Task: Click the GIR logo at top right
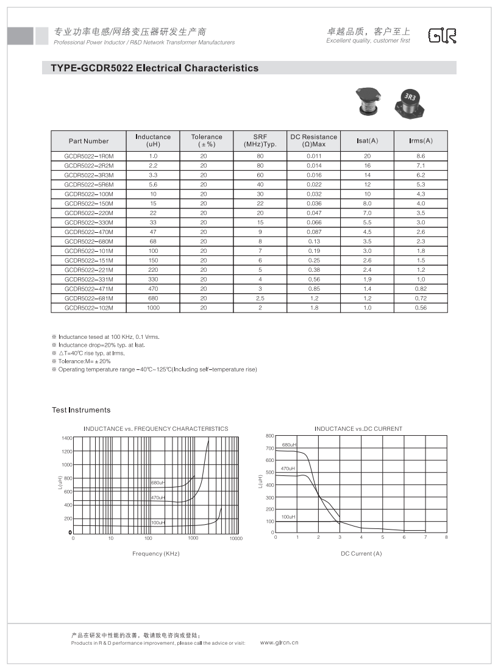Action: (x=442, y=36)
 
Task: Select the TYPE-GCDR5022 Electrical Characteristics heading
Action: (x=155, y=68)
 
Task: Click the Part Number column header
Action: (x=88, y=141)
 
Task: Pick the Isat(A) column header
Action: (x=367, y=141)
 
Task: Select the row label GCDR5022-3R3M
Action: (x=89, y=175)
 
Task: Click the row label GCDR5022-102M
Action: (x=89, y=308)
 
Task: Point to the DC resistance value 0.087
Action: (x=314, y=232)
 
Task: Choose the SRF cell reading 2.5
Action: (x=260, y=299)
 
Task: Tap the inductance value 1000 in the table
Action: (x=153, y=308)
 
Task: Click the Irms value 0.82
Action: (x=421, y=289)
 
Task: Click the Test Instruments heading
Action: (x=81, y=410)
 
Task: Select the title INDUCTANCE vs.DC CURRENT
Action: (x=358, y=428)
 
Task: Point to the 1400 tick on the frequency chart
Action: (x=66, y=438)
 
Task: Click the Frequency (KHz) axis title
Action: (x=155, y=553)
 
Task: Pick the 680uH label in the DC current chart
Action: (x=288, y=446)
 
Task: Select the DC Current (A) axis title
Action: (x=361, y=553)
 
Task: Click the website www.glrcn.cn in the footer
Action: (x=279, y=642)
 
